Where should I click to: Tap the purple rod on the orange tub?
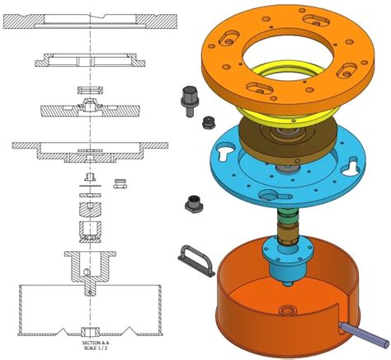(x=365, y=335)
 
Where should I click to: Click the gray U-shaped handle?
(x=195, y=260)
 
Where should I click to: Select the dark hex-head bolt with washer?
(x=190, y=101)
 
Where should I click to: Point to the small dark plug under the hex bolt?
(x=209, y=122)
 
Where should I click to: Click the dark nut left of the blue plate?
(x=194, y=204)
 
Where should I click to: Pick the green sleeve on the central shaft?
(x=287, y=216)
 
